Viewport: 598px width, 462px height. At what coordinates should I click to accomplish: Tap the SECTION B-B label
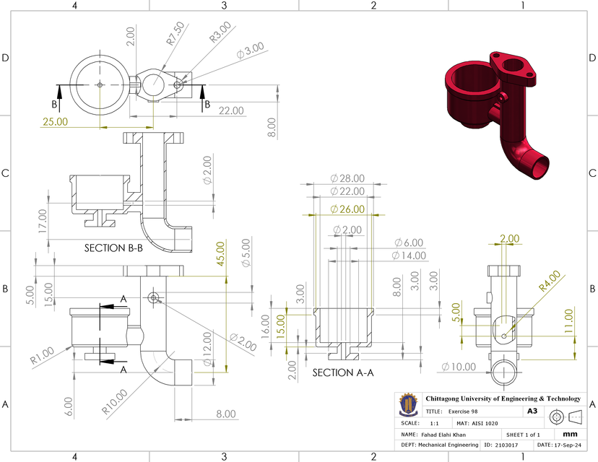113,248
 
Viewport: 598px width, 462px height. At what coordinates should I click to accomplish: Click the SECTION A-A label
343,373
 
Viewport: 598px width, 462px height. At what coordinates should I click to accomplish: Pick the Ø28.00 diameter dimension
347,178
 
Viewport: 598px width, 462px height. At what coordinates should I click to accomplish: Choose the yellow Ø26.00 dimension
347,209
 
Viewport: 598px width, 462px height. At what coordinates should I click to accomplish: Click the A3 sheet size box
532,411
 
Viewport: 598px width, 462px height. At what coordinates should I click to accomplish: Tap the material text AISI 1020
488,423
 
